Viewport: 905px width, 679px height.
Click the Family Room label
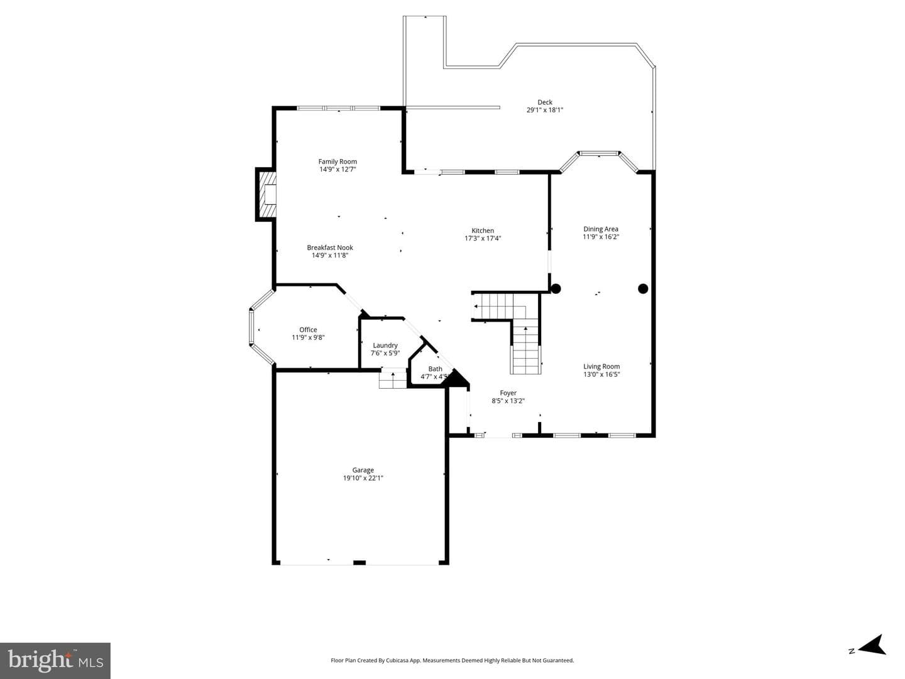(337, 161)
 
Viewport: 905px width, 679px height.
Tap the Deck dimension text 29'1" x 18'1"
(545, 110)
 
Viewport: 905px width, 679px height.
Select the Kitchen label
(483, 231)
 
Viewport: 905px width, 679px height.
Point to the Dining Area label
(601, 229)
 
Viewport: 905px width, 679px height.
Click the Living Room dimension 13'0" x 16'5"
(601, 374)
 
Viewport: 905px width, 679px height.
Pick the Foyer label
(508, 393)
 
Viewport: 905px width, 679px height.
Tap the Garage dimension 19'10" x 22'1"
(363, 478)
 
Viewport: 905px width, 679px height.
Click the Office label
(308, 330)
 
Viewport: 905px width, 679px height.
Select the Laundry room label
(385, 345)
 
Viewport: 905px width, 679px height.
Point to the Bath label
(435, 369)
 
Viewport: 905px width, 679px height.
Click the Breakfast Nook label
(330, 247)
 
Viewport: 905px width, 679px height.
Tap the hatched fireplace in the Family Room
(266, 195)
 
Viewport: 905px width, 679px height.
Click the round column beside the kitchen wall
(556, 288)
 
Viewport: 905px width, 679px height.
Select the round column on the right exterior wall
(643, 289)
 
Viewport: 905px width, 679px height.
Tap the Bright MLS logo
(55, 660)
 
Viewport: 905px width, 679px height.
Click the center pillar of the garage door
(359, 562)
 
